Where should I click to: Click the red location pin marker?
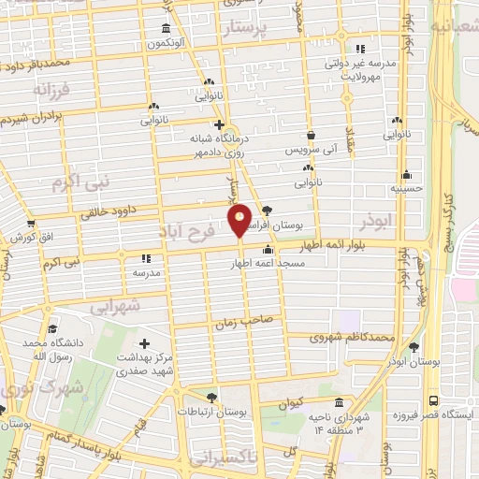pyautogui.click(x=240, y=220)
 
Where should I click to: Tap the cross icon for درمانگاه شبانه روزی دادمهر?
pyautogui.click(x=218, y=123)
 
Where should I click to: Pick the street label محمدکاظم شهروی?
pyautogui.click(x=356, y=336)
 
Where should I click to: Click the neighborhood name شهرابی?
pyautogui.click(x=116, y=306)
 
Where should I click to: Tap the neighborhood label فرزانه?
pyautogui.click(x=52, y=90)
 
